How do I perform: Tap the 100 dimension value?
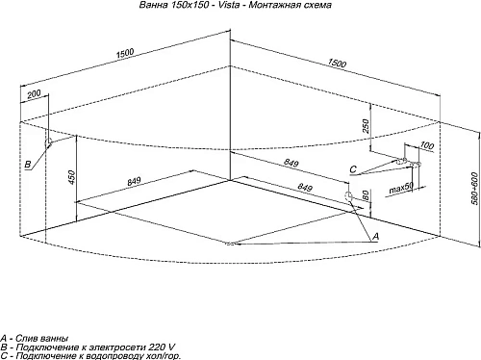[x=426, y=145]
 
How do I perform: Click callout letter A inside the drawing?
[x=375, y=236]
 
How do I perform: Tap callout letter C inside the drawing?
[x=353, y=169]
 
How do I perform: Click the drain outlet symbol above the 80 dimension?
[x=347, y=196]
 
